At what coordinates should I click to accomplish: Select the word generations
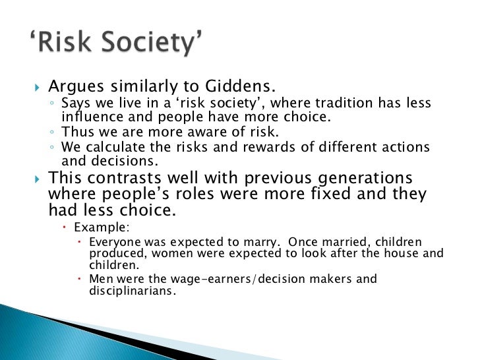pyautogui.click(x=357, y=179)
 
